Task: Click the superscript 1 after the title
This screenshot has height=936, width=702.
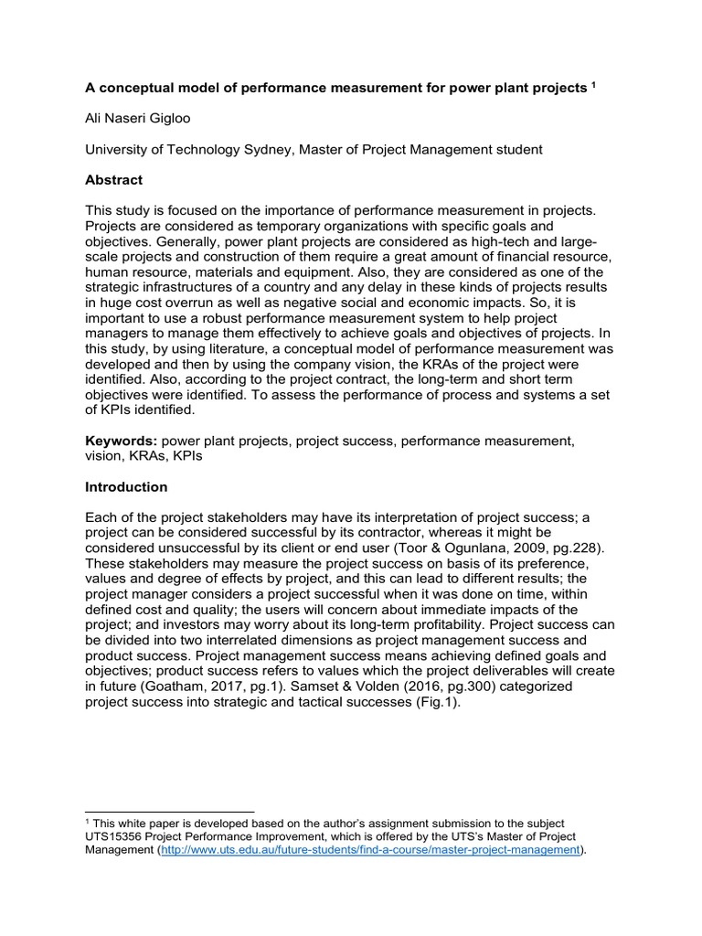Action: pos(592,85)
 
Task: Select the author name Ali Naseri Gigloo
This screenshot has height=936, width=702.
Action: pos(140,118)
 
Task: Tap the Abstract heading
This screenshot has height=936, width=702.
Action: pos(114,180)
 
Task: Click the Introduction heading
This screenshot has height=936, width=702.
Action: pos(126,487)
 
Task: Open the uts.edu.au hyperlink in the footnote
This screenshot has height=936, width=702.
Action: pos(370,850)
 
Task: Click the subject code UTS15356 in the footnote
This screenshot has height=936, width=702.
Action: pos(118,837)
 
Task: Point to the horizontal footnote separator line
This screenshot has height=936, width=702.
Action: pos(169,811)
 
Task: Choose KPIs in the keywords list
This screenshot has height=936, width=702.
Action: pos(185,456)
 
